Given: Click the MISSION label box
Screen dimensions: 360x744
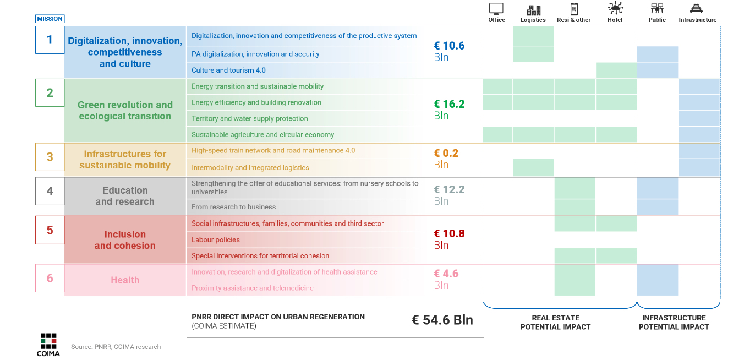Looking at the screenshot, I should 50,19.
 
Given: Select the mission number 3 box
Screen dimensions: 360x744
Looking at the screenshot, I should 50,157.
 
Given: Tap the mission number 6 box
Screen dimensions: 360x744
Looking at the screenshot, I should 50,278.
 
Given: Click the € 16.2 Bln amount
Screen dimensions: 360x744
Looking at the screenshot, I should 448,109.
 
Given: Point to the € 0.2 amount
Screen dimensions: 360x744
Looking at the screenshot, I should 446,154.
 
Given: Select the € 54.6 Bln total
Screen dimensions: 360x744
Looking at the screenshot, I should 442,320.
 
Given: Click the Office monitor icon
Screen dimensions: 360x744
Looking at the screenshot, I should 496,9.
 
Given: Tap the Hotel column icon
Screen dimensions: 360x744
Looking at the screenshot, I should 615,9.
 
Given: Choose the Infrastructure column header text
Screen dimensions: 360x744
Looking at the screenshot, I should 697,20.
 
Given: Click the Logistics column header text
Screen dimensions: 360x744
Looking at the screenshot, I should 533,20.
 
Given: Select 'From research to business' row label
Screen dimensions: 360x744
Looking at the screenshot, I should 233,207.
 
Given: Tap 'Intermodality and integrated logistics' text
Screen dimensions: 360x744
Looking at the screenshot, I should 250,167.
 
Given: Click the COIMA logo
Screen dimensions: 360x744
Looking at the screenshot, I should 48,345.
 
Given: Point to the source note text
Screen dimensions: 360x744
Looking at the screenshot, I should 116,347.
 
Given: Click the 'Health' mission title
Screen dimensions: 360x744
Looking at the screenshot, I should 125,280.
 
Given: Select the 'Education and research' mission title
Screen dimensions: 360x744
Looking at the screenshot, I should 125,196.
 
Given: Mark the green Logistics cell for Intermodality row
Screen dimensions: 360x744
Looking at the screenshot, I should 533,167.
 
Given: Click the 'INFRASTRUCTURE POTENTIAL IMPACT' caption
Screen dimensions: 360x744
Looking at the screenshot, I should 674,322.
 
